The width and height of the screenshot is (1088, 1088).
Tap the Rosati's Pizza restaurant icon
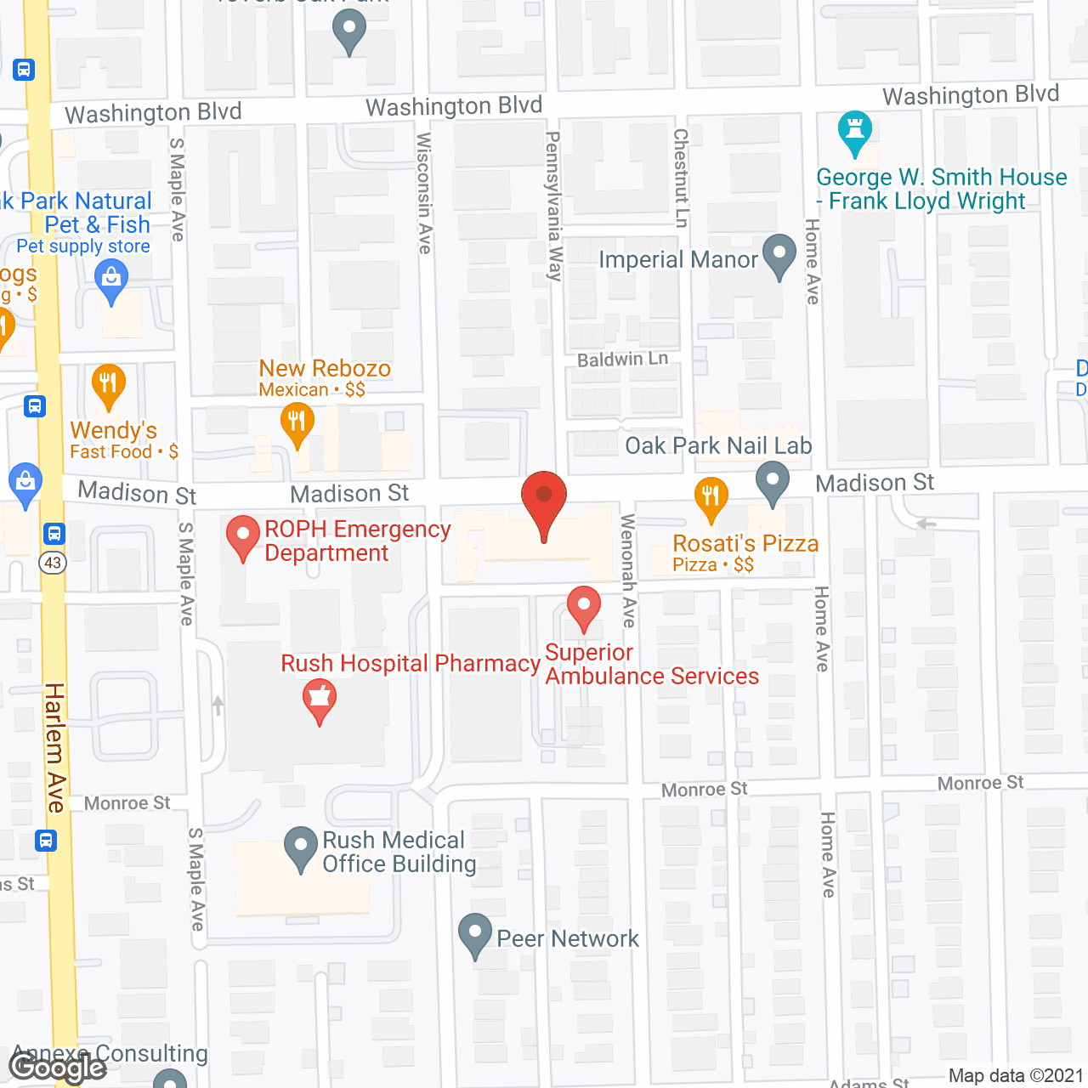coord(711,499)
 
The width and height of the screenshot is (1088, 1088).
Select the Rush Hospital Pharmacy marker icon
coord(320,700)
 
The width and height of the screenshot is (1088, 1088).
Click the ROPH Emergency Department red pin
coord(243,537)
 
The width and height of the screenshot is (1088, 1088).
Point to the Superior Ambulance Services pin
coord(584,608)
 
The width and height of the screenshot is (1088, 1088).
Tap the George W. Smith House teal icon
coord(855,133)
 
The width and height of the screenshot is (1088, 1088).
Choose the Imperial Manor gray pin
coord(779,256)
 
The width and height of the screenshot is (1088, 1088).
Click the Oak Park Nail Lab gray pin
coord(772,482)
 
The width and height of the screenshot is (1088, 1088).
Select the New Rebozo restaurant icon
coord(297,423)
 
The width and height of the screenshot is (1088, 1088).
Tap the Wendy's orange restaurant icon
coord(108,385)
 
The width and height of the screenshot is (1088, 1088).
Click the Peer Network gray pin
coord(475,935)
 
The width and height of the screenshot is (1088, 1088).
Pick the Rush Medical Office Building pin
coord(301,848)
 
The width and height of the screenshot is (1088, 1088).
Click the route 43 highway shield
coord(53,563)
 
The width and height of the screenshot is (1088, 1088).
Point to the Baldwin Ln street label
coord(622,360)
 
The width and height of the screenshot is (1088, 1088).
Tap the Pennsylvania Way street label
coord(554,207)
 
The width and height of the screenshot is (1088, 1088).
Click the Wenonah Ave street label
coord(629,570)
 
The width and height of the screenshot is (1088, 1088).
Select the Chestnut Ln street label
coord(681,178)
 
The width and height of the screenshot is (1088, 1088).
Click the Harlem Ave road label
coord(55,747)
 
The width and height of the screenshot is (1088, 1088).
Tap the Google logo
coord(58,1067)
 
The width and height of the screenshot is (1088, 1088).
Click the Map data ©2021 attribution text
coord(1016,1076)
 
